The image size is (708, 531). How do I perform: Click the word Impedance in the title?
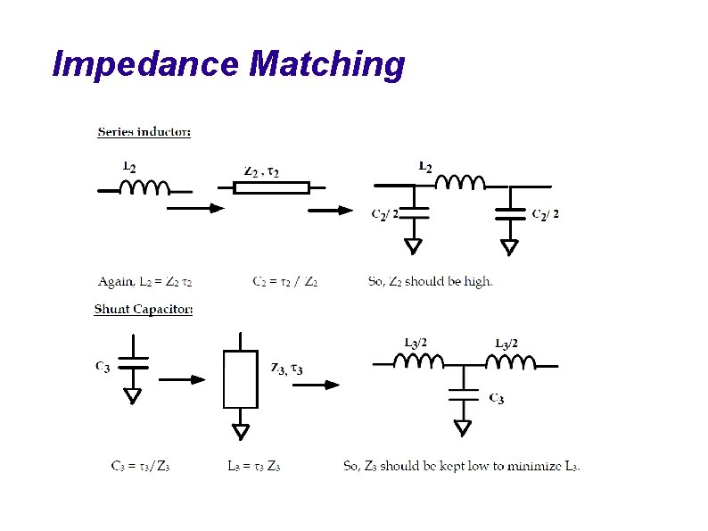[147, 64]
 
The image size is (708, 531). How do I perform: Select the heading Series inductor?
[144, 132]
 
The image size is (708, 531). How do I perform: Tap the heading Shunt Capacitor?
[144, 310]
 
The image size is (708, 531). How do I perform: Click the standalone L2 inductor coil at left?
[144, 187]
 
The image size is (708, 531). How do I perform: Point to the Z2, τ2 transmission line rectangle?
[271, 187]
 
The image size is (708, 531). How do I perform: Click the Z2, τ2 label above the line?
[261, 171]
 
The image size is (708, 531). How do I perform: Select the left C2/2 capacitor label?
[384, 213]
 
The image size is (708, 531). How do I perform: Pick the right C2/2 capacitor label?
[545, 213]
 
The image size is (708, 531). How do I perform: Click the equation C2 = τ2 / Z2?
[285, 282]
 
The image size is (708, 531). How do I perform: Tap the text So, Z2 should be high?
[430, 282]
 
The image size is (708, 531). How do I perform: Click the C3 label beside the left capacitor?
[103, 366]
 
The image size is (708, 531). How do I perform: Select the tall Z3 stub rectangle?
[240, 378]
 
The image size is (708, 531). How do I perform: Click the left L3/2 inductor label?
[416, 343]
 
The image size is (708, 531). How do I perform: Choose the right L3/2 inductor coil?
[510, 361]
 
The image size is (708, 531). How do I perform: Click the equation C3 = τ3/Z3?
[140, 466]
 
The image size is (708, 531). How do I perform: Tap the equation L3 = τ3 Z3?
[254, 466]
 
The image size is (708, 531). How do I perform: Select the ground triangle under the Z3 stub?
[241, 432]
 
